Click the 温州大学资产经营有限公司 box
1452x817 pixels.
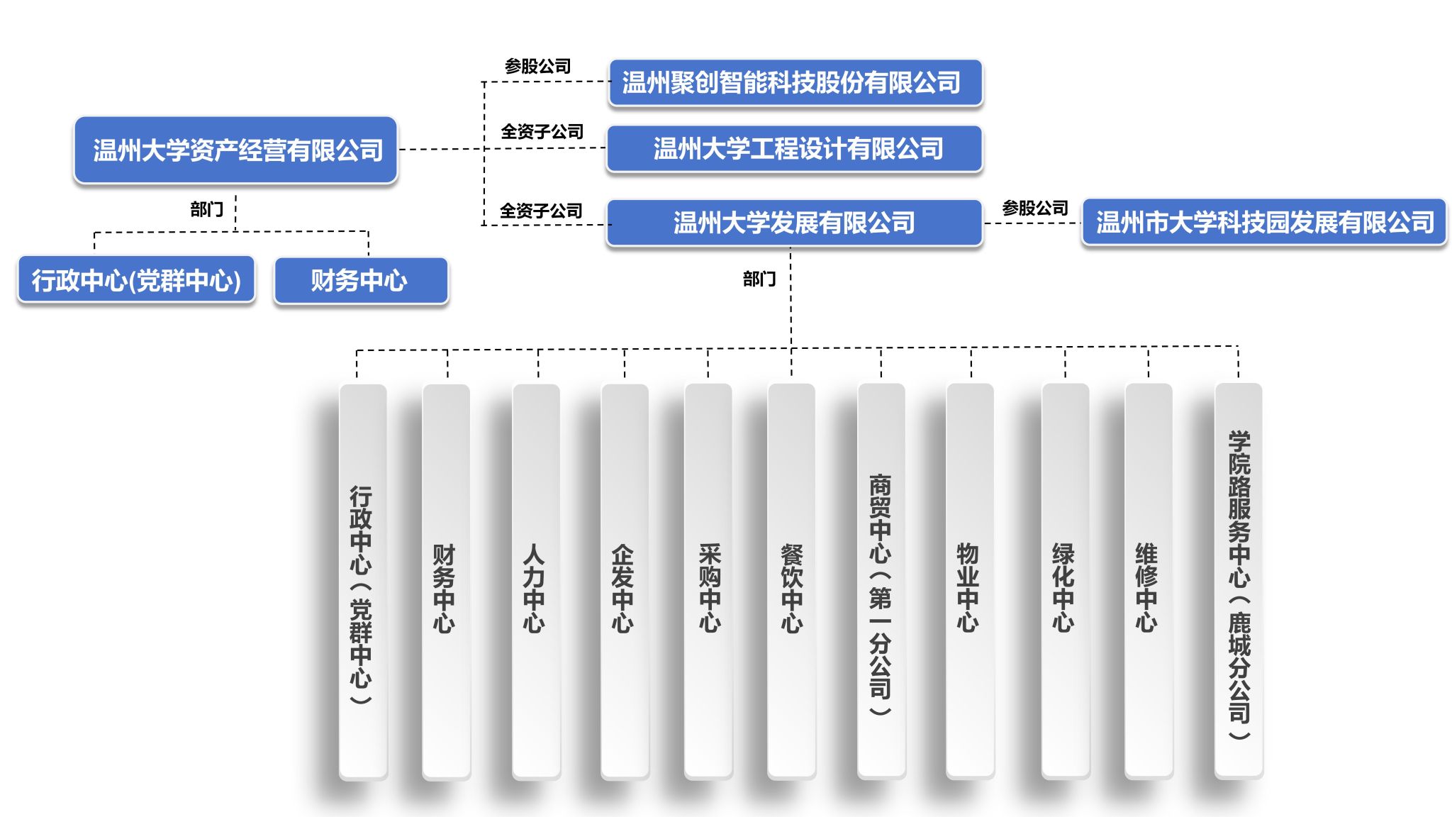tap(236, 150)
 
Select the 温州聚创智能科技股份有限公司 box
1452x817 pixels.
tap(795, 83)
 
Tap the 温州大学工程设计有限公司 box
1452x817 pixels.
tap(795, 149)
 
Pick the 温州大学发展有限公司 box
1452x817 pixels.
tap(795, 223)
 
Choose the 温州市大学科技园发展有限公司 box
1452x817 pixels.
tap(1264, 223)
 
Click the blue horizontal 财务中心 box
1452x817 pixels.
tap(361, 281)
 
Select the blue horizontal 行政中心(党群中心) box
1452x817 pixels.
tap(136, 281)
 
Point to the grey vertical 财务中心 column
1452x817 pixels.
tap(446, 582)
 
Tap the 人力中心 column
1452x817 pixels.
tap(536, 582)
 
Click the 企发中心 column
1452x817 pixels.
tap(625, 582)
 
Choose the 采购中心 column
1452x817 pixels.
tap(708, 582)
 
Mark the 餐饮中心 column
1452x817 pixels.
tap(791, 582)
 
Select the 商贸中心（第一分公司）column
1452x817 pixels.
tap(881, 582)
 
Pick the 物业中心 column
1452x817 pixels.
tap(970, 582)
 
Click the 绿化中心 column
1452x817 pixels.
tap(1065, 582)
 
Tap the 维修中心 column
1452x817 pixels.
tap(1149, 582)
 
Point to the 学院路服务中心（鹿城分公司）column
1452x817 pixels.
tap(1239, 582)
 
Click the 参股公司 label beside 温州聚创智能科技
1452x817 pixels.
tap(538, 67)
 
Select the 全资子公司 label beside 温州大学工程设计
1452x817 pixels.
tap(542, 132)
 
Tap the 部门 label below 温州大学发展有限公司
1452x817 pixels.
tap(759, 279)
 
